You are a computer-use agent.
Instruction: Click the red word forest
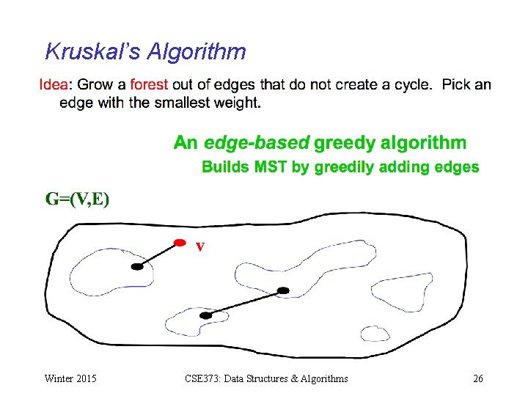[x=149, y=84]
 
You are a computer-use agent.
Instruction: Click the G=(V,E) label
[x=77, y=199]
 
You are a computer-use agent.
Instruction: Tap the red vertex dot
[x=180, y=242]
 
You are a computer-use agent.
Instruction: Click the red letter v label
[x=199, y=246]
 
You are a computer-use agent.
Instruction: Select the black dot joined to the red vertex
[x=137, y=267]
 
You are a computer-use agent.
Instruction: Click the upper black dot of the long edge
[x=284, y=290]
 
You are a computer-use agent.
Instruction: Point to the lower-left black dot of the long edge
[x=206, y=315]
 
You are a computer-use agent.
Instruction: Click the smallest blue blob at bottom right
[x=375, y=334]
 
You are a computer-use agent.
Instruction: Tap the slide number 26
[x=478, y=379]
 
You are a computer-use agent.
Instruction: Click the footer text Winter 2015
[x=70, y=379]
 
